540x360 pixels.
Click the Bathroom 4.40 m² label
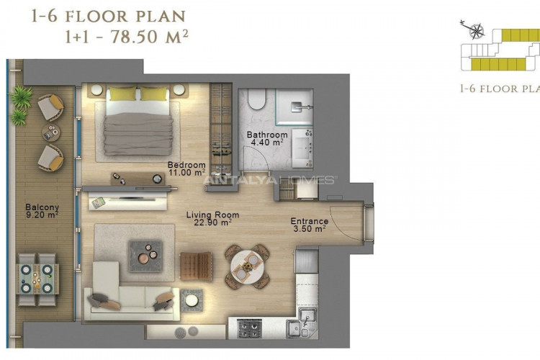[267, 138]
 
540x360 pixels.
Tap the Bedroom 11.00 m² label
[186, 168]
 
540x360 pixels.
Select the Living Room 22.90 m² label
[212, 219]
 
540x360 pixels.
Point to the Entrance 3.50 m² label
[310, 225]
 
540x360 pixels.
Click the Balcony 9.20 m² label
[42, 211]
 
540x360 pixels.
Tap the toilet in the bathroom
[257, 99]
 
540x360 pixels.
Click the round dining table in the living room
[247, 266]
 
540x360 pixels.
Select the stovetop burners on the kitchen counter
[250, 328]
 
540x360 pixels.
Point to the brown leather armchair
[196, 266]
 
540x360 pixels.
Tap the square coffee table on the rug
[145, 256]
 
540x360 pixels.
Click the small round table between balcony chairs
[51, 132]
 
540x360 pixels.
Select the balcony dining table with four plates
[37, 279]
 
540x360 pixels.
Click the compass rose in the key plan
[476, 31]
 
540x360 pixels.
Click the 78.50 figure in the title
[135, 37]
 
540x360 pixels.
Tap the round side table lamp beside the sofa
[192, 300]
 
